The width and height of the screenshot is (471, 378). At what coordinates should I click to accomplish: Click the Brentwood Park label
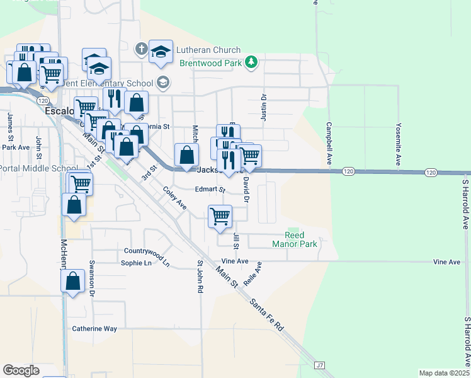[210, 64]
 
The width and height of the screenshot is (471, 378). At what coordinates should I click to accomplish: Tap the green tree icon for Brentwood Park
[252, 62]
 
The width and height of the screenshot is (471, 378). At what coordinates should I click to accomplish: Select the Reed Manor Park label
[294, 239]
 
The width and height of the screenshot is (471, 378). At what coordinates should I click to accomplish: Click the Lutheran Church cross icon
[142, 49]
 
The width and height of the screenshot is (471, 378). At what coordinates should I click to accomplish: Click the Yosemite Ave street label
[398, 144]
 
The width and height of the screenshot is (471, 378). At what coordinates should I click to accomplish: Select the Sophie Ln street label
[137, 263]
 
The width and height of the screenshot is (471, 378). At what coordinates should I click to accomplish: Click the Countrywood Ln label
[147, 255]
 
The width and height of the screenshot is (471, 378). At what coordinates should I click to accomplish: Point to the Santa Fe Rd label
[267, 315]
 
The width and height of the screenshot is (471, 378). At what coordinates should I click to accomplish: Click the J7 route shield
[320, 365]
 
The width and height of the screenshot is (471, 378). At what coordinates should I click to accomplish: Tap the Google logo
[21, 370]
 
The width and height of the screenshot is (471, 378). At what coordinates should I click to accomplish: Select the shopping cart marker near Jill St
[220, 216]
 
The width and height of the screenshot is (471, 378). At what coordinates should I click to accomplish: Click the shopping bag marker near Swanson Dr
[74, 282]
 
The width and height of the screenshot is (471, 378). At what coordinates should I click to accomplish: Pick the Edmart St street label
[210, 189]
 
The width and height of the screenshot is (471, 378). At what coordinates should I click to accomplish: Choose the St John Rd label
[200, 277]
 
